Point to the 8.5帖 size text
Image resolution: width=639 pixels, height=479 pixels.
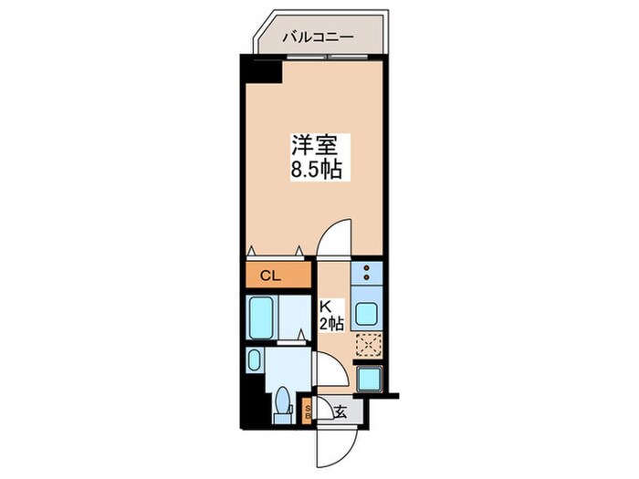click(x=316, y=170)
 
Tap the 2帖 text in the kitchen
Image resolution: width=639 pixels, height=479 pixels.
click(x=331, y=324)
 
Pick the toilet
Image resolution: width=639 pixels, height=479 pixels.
click(x=283, y=401)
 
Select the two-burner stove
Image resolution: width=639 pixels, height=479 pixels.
click(x=367, y=272)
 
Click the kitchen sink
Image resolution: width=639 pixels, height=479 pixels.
click(x=367, y=311)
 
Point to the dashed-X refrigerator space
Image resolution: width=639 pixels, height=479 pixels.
click(x=367, y=344)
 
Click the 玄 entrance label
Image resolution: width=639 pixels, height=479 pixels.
click(x=340, y=411)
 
